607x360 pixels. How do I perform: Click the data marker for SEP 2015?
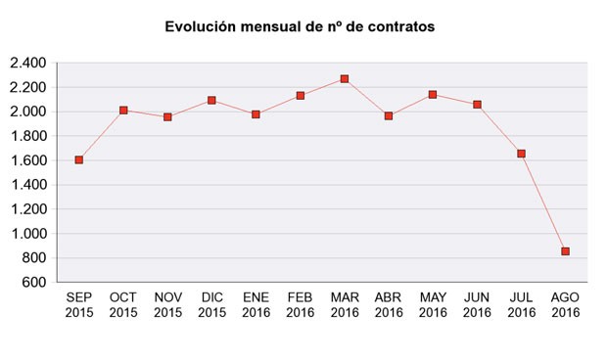click(79, 159)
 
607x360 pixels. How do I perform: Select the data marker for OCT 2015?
click(123, 111)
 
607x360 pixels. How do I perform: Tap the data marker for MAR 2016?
click(345, 78)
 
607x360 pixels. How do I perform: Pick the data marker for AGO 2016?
click(565, 251)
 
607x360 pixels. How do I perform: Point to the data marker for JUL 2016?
click(521, 154)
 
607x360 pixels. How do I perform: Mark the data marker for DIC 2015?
click(211, 101)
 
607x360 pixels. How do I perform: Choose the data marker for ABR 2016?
click(389, 115)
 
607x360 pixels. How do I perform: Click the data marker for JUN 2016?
click(477, 104)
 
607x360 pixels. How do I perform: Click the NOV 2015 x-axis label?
click(167, 304)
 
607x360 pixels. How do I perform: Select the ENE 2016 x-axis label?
click(256, 304)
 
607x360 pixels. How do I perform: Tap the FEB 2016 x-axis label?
click(300, 304)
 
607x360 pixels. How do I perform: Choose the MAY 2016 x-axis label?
click(433, 304)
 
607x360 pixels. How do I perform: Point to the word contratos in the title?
click(399, 27)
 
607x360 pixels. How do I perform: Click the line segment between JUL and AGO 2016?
click(543, 202)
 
